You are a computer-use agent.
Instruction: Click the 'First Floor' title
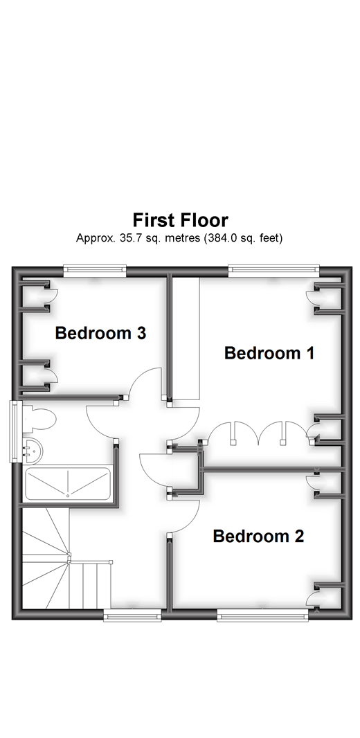pyautogui.click(x=180, y=220)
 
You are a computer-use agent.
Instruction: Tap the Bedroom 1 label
pyautogui.click(x=269, y=353)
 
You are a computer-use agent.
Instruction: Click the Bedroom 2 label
pyautogui.click(x=258, y=536)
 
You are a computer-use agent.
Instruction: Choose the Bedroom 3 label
pyautogui.click(x=100, y=333)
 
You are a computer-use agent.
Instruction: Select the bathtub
pyautogui.click(x=67, y=485)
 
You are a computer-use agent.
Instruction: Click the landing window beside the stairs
pyautogui.click(x=132, y=615)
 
